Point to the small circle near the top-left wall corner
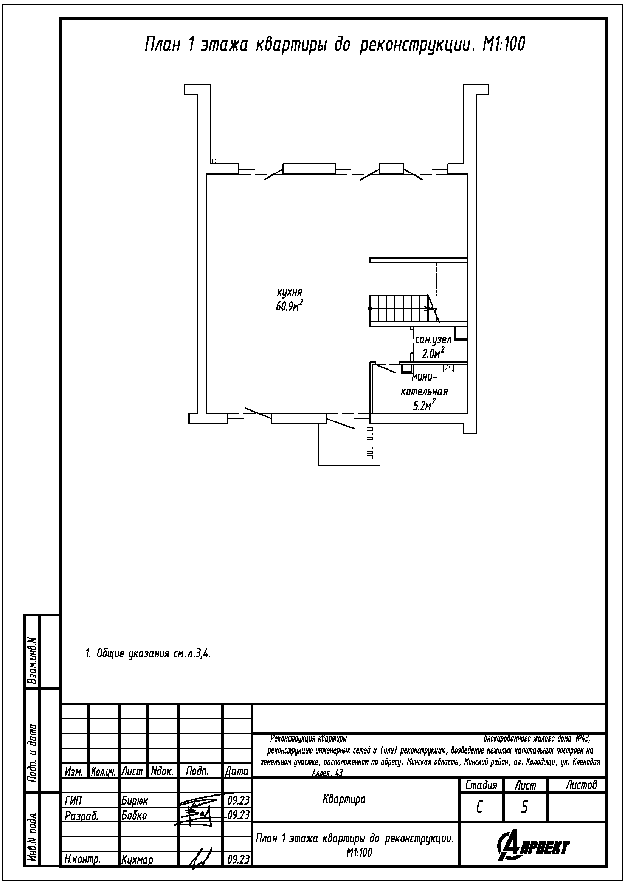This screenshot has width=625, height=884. [214, 161]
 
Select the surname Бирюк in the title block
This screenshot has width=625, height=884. [134, 801]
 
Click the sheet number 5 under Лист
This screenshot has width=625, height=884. [524, 807]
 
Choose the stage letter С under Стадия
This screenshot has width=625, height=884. [479, 807]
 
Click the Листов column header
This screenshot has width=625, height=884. [581, 785]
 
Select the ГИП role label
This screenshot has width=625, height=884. [73, 801]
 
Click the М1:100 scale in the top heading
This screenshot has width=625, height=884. [504, 45]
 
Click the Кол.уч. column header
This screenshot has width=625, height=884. [104, 772]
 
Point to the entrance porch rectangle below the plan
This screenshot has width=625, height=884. [349, 444]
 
